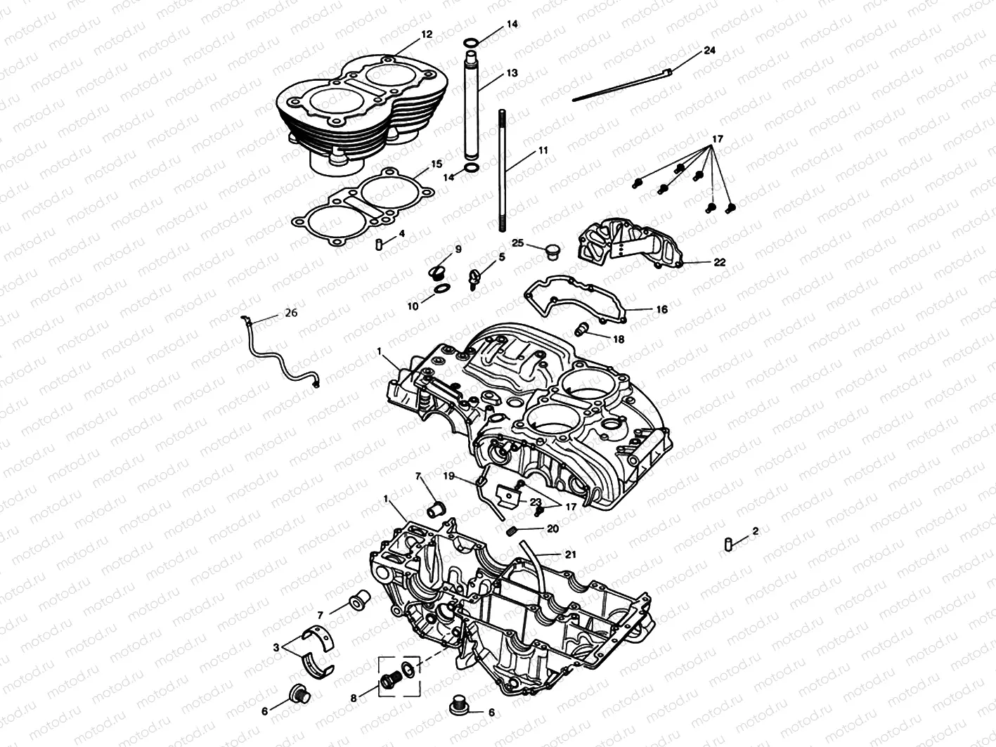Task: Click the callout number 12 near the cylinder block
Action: pyautogui.click(x=427, y=34)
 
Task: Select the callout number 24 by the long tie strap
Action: pyautogui.click(x=709, y=51)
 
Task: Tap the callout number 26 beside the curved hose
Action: pyautogui.click(x=291, y=313)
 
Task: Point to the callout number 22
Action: pyautogui.click(x=720, y=262)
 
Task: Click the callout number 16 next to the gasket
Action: pyautogui.click(x=662, y=309)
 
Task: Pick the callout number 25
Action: pyautogui.click(x=518, y=243)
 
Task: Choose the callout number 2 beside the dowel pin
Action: pyautogui.click(x=755, y=531)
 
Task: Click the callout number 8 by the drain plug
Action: pyautogui.click(x=354, y=699)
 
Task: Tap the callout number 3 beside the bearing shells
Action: pyautogui.click(x=276, y=648)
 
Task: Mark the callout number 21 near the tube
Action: pyautogui.click(x=570, y=554)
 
